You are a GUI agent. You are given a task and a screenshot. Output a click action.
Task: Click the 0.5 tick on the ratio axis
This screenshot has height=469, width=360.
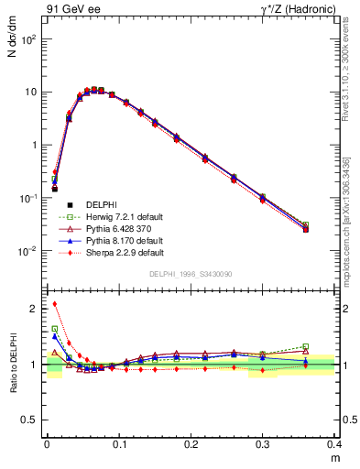tap(35, 420)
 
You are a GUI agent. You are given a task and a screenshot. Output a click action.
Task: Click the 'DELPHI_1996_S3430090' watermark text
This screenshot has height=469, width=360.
tap(191, 274)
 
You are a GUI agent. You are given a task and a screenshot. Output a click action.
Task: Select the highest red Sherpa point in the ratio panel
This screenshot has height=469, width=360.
tap(55, 304)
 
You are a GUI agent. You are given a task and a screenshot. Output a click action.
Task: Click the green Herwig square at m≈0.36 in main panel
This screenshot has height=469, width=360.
tap(306, 224)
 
